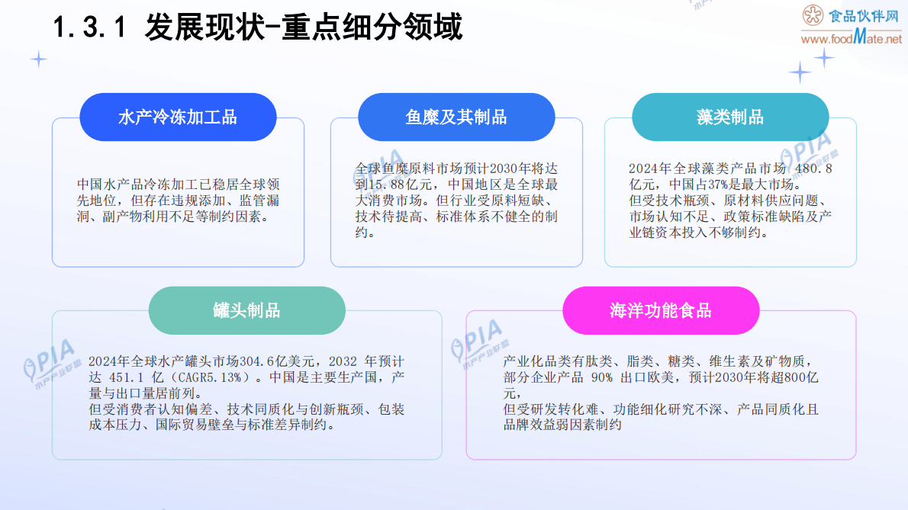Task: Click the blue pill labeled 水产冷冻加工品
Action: (178, 117)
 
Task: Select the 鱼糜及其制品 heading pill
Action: (456, 117)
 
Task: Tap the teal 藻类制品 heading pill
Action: (730, 117)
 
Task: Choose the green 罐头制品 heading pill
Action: (246, 310)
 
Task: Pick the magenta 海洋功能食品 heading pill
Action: (661, 310)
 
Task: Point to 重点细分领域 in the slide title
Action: (372, 28)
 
